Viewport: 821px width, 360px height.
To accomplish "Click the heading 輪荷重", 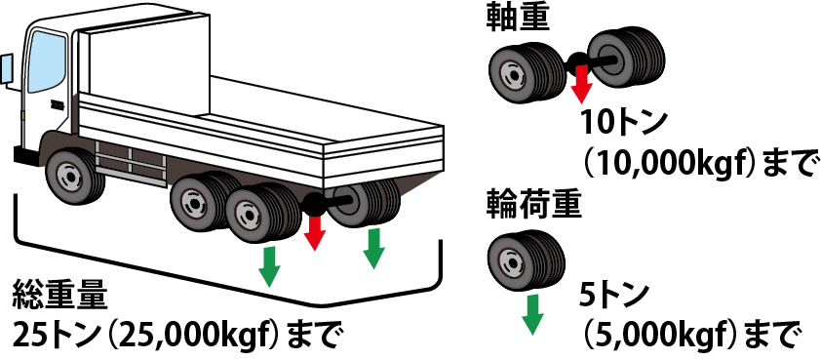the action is tap(534, 205).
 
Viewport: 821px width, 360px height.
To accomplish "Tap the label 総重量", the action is tap(60, 296).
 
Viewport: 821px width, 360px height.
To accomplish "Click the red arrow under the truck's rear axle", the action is tap(314, 232).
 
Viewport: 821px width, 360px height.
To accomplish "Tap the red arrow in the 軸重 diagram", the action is tap(581, 83).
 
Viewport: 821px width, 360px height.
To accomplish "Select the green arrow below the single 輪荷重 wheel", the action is tap(532, 314).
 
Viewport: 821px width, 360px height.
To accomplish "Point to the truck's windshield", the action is tap(47, 61).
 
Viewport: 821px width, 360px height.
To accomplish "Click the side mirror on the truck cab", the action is tap(6, 68).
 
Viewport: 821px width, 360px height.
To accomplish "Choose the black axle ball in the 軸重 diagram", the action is tap(578, 60).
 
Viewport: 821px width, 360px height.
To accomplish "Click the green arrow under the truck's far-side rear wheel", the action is tap(373, 248).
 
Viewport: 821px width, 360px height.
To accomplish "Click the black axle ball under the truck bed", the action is tap(313, 204).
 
